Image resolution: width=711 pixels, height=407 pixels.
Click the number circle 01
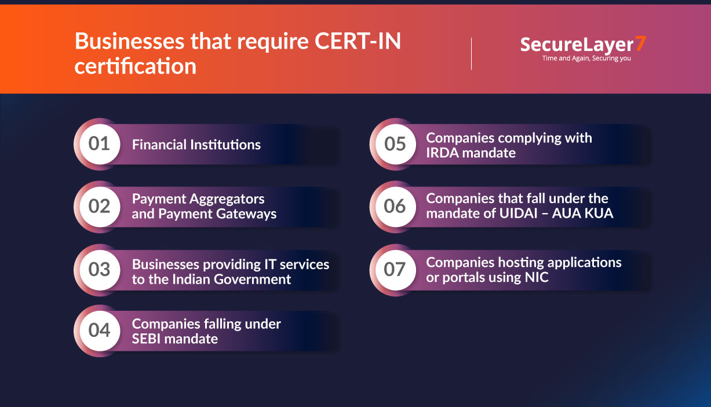pos(99,144)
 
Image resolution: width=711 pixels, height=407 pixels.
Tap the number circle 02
pos(99,206)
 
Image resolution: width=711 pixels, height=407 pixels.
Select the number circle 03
pos(99,269)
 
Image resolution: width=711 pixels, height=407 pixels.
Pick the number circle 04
pos(99,331)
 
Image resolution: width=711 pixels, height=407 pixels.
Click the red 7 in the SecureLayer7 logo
pos(640,43)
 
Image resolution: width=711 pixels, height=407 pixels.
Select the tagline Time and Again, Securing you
pos(586,58)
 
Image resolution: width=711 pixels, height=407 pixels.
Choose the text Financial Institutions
pos(196,144)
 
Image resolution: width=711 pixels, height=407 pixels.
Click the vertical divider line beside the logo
pos(471,54)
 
